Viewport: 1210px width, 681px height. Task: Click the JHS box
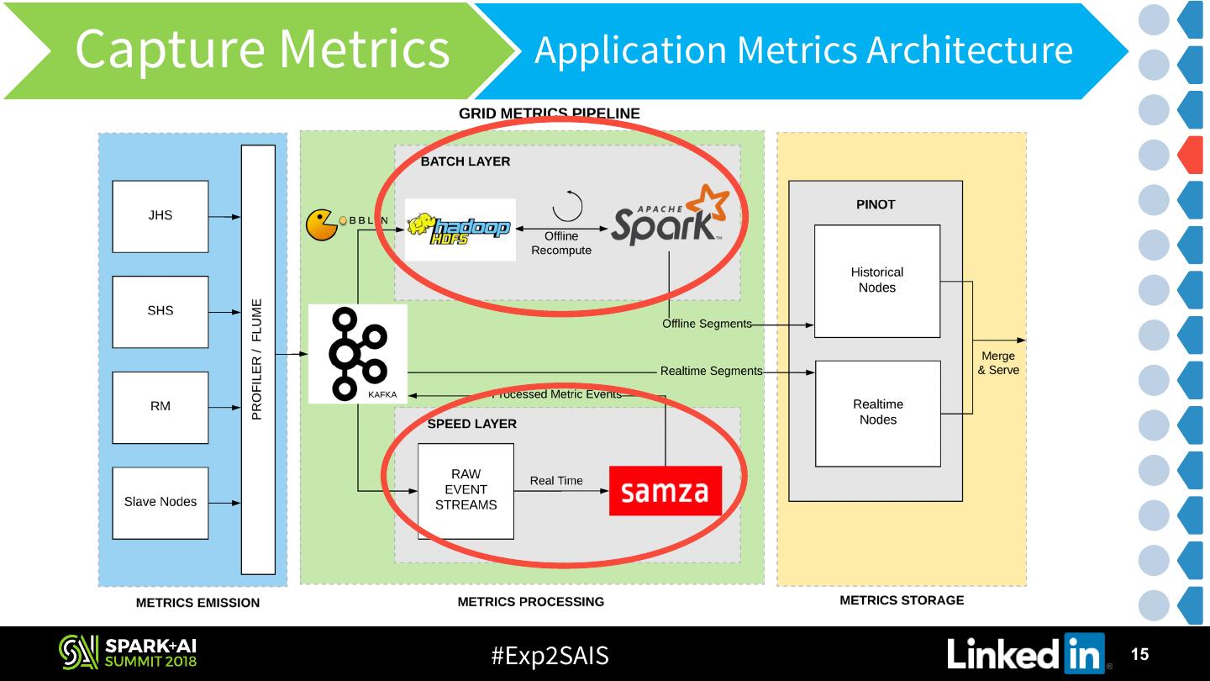click(x=160, y=216)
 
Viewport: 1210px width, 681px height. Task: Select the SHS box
click(x=160, y=311)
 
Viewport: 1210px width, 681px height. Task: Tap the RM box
click(x=160, y=407)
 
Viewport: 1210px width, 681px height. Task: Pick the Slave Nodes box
click(x=160, y=503)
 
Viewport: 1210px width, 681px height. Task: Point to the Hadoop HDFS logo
click(x=460, y=229)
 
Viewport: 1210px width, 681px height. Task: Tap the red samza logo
click(x=665, y=491)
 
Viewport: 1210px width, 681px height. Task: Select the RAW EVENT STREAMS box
click(x=466, y=491)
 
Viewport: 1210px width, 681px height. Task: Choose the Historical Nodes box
click(x=876, y=281)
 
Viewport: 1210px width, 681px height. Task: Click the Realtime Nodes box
click(x=877, y=413)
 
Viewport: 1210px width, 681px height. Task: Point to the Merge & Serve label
click(x=998, y=363)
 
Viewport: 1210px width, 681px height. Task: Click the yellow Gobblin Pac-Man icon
click(x=322, y=224)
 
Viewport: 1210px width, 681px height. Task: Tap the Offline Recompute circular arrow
click(x=567, y=206)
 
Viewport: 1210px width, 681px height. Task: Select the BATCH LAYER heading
click(x=466, y=161)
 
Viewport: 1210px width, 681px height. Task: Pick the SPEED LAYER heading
click(x=472, y=424)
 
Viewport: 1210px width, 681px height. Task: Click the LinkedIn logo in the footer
click(x=1027, y=654)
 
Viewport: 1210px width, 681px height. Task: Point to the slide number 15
click(x=1139, y=654)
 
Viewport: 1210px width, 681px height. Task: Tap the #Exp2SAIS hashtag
click(x=550, y=655)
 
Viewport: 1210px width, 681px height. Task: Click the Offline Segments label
click(x=707, y=324)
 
